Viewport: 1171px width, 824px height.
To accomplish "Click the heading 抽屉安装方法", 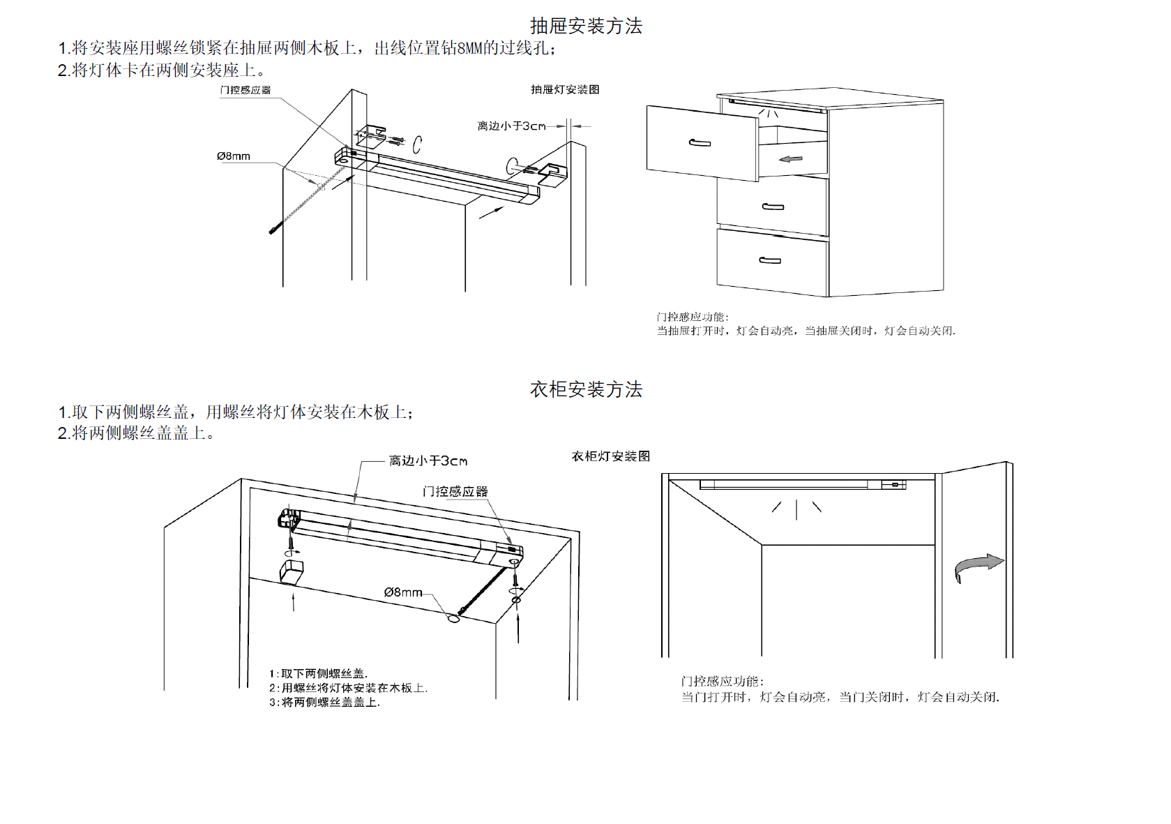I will [x=586, y=27].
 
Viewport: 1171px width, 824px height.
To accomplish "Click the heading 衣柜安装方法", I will [x=586, y=389].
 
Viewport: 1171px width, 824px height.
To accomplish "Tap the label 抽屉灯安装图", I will [x=565, y=89].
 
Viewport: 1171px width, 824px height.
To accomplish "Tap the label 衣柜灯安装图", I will [x=611, y=456].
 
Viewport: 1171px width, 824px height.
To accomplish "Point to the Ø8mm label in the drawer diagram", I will [x=234, y=156].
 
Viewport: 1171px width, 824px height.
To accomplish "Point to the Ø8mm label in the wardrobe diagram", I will [x=403, y=592].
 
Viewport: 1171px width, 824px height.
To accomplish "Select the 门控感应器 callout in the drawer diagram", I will [x=245, y=90].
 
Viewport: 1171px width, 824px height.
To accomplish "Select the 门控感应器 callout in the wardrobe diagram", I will [x=455, y=492].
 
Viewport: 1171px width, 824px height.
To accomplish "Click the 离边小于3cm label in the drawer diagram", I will [x=511, y=126].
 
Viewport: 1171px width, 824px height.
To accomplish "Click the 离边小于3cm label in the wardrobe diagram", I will [x=428, y=461].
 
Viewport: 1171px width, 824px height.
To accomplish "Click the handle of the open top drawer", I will [x=700, y=143].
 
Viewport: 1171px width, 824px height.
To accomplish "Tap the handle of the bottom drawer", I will [x=770, y=261].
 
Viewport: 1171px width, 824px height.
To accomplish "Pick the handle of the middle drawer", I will [x=773, y=207].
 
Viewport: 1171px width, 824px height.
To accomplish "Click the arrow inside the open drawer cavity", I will [x=791, y=159].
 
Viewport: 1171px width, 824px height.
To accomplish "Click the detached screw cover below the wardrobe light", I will [x=291, y=571].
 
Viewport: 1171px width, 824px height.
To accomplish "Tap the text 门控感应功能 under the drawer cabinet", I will [x=693, y=317].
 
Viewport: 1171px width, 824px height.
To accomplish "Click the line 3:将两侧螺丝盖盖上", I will [x=325, y=703].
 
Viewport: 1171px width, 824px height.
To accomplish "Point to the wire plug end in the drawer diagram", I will [x=274, y=229].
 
